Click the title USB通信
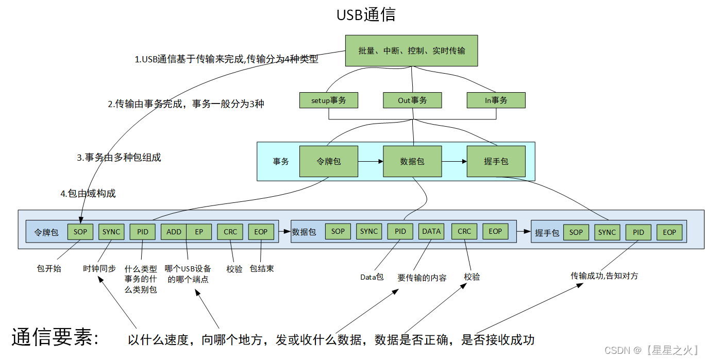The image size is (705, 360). click(366, 14)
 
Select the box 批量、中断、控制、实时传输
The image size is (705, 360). click(411, 50)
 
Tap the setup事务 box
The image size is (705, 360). click(328, 100)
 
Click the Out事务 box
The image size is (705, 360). click(412, 100)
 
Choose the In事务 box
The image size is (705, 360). click(496, 100)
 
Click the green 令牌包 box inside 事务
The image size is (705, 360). click(328, 162)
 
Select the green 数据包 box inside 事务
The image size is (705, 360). click(412, 162)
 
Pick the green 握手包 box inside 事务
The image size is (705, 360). click(496, 162)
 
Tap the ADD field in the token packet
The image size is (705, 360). click(174, 232)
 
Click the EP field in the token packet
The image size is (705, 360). click(199, 232)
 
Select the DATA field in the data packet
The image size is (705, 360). click(431, 232)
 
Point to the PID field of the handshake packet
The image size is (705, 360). click(639, 232)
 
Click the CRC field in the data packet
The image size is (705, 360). click(464, 232)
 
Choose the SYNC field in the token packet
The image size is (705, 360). click(111, 232)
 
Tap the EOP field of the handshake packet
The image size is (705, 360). click(669, 232)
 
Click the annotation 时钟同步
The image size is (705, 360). click(99, 268)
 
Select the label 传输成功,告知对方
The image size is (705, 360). click(604, 276)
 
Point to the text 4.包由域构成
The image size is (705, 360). click(88, 194)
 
